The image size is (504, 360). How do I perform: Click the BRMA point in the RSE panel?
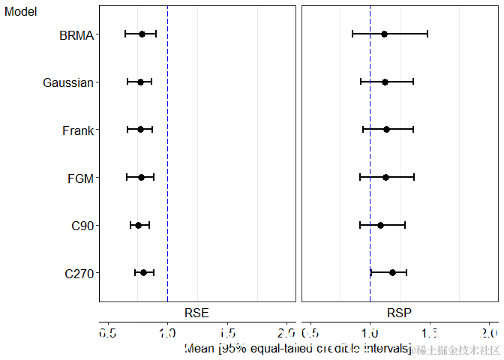142,34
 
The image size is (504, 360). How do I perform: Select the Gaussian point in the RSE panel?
140,82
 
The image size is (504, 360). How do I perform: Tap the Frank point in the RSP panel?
386,129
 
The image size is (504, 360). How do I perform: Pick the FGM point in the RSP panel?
385,177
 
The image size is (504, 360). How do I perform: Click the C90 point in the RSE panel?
138,225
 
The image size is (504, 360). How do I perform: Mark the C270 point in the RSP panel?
392,272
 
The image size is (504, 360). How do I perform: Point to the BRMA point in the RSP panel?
384,34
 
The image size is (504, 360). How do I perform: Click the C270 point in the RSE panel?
143,272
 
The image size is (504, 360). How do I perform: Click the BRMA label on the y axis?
76,34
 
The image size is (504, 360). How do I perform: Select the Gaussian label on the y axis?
68,82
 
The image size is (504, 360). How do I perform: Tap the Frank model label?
78,130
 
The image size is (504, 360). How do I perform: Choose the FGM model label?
80,178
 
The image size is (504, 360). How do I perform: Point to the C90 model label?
82,226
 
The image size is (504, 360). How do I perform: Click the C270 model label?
79,274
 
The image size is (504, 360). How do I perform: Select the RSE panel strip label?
196,312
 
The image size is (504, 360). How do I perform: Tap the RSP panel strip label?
399,312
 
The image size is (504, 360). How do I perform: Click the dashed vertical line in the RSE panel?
167,150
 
